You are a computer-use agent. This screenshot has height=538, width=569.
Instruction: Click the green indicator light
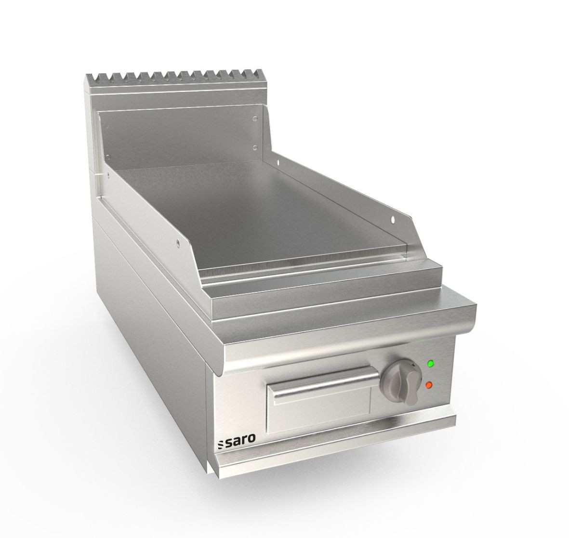(430, 364)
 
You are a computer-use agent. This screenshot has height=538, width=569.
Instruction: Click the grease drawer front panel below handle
(318, 409)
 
